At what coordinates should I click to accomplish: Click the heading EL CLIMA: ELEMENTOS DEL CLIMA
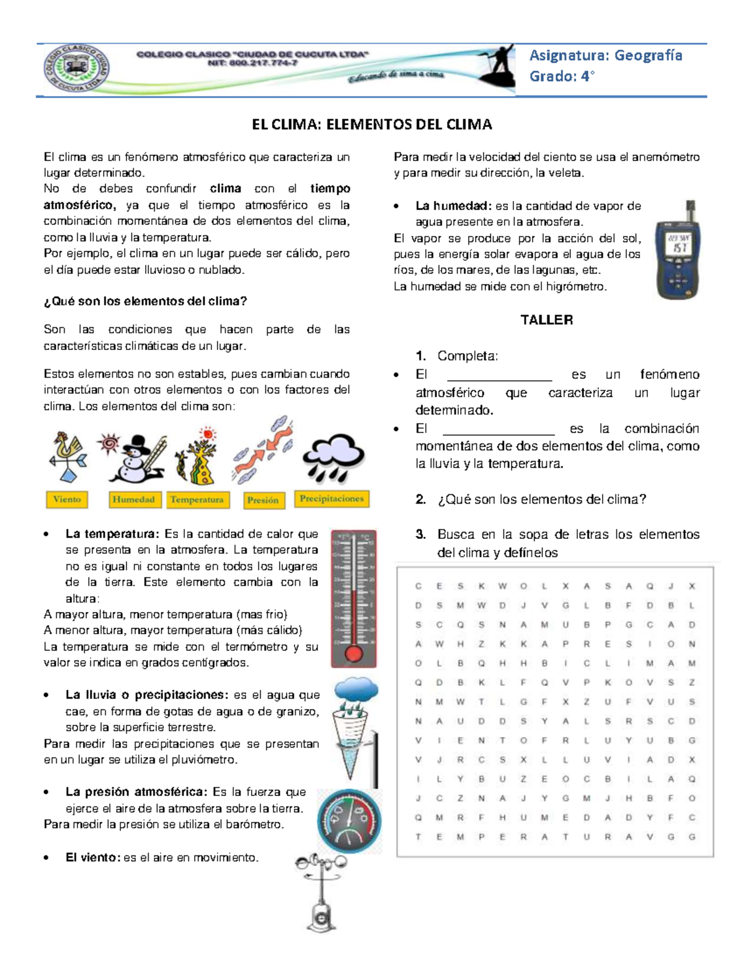click(x=372, y=125)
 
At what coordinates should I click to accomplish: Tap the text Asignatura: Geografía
click(x=605, y=56)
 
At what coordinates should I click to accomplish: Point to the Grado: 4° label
click(x=561, y=76)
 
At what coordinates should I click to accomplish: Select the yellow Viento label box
click(x=67, y=499)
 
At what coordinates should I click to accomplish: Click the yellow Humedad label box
click(x=134, y=499)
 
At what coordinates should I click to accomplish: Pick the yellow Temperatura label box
click(x=197, y=500)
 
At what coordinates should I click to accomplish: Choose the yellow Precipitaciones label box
click(x=332, y=499)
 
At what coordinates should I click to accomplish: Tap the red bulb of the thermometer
click(x=353, y=653)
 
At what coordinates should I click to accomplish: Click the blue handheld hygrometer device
click(x=678, y=250)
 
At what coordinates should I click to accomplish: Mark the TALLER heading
click(x=546, y=320)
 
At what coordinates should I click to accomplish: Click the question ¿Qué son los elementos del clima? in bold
click(x=145, y=302)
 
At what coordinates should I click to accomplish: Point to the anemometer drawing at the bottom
click(x=321, y=892)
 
